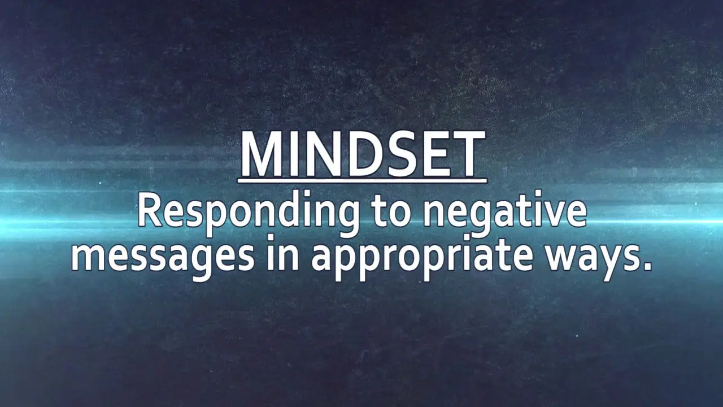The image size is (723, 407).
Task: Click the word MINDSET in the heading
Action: click(363, 154)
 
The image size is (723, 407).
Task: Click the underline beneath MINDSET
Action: click(363, 181)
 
